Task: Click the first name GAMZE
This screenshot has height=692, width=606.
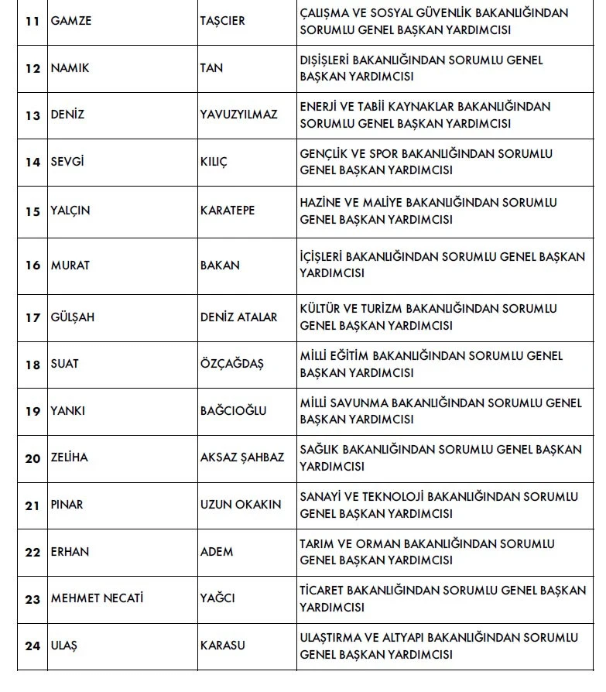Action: pyautogui.click(x=70, y=21)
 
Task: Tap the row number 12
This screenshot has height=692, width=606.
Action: pyautogui.click(x=33, y=68)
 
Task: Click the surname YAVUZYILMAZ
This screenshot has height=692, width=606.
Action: pyautogui.click(x=238, y=115)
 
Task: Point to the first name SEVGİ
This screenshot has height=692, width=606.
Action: pyautogui.click(x=69, y=163)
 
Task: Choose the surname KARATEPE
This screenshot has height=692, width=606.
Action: pyautogui.click(x=228, y=211)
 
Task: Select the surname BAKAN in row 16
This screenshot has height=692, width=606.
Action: pyautogui.click(x=220, y=265)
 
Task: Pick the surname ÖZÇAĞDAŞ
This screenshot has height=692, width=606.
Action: pyautogui.click(x=231, y=364)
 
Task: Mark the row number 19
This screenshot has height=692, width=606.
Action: pyautogui.click(x=33, y=411)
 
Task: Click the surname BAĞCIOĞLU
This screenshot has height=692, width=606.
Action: pyautogui.click(x=233, y=411)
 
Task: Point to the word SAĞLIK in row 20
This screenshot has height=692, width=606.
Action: pyautogui.click(x=319, y=450)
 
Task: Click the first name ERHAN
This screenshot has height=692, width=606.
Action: pyautogui.click(x=70, y=552)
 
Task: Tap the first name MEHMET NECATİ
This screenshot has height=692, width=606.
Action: pyautogui.click(x=98, y=598)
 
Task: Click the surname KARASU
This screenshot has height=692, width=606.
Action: pyautogui.click(x=223, y=646)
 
